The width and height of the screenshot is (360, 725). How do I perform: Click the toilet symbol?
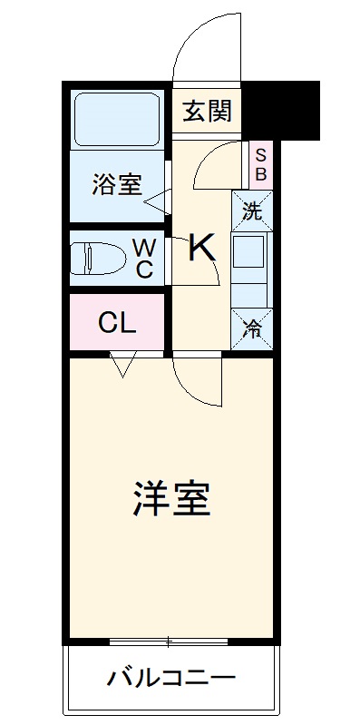pos(99,258)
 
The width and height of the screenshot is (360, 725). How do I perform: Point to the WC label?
pos(144,257)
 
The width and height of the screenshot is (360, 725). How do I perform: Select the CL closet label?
pos(117,322)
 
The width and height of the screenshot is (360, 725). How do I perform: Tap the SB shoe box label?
pos(260,163)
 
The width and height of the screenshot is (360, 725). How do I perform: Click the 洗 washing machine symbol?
pos(252,212)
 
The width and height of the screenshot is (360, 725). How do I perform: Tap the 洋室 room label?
pos(171,496)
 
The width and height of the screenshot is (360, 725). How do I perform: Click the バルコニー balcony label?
pos(171,677)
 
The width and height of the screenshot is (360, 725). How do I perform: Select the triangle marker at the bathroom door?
pos(156,200)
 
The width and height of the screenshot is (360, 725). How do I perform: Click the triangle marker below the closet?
pos(122,367)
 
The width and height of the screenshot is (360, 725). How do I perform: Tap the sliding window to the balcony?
pos(169,642)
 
